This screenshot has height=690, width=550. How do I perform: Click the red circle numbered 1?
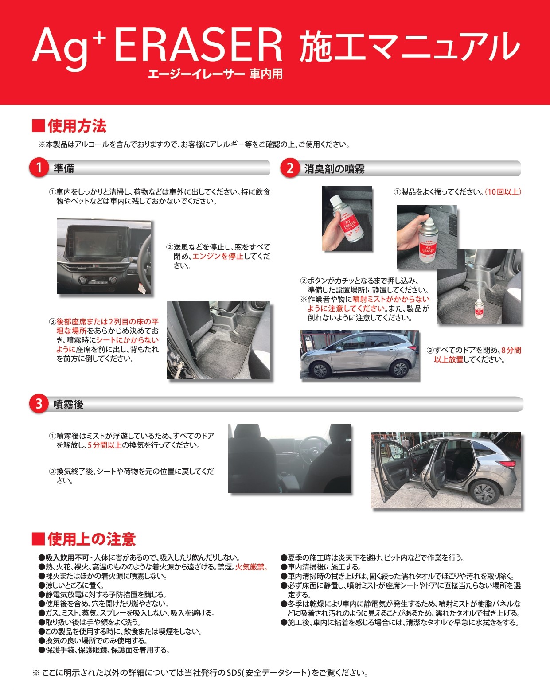(x=39, y=168)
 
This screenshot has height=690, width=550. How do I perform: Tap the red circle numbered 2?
(x=290, y=168)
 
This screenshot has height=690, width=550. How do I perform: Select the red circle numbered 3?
(x=39, y=404)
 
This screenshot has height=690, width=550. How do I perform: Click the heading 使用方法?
(x=76, y=126)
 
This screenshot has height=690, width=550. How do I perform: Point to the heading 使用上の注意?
(x=91, y=539)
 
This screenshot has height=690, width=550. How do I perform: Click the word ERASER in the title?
(x=198, y=46)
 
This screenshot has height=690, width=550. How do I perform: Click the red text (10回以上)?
(x=503, y=192)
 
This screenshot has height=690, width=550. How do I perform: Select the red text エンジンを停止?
(x=218, y=256)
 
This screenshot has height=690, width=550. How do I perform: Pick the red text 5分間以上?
(x=105, y=445)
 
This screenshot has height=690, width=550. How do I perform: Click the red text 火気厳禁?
(x=251, y=567)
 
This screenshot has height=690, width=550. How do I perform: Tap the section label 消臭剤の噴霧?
(x=334, y=169)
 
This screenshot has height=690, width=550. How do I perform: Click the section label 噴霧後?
(x=68, y=404)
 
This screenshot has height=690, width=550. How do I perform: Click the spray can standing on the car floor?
(x=479, y=308)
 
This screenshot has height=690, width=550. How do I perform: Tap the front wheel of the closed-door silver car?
(x=320, y=368)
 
